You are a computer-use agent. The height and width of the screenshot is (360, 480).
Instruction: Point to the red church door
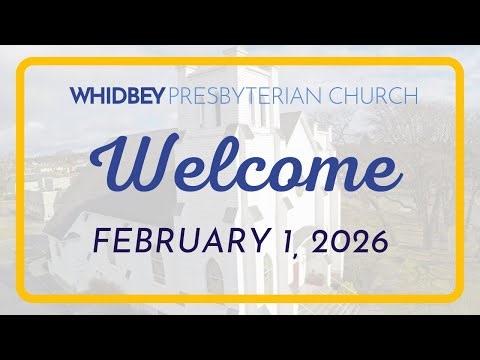pyautogui.click(x=296, y=274)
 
